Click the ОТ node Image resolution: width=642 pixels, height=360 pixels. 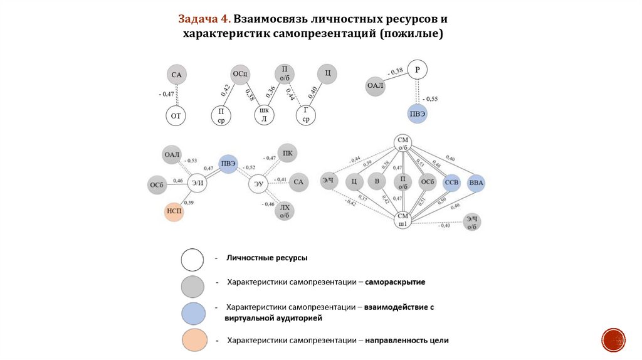pos(177,116)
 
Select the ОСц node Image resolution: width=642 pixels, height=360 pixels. pos(241,74)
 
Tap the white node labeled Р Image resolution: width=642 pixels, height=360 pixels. pos(417,70)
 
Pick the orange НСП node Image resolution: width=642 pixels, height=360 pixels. pos(174,213)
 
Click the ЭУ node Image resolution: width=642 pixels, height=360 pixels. pos(258,184)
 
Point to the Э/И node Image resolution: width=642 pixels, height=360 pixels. pos(197,183)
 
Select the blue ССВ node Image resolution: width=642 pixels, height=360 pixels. pos(451,183)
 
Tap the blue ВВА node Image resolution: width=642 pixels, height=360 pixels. pos(476,183)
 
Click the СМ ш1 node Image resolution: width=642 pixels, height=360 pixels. pos(402,220)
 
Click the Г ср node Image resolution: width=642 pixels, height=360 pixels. pos(305,115)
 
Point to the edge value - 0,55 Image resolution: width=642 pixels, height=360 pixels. pos(429,99)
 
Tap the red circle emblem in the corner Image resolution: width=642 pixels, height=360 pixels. pos(614,339)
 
